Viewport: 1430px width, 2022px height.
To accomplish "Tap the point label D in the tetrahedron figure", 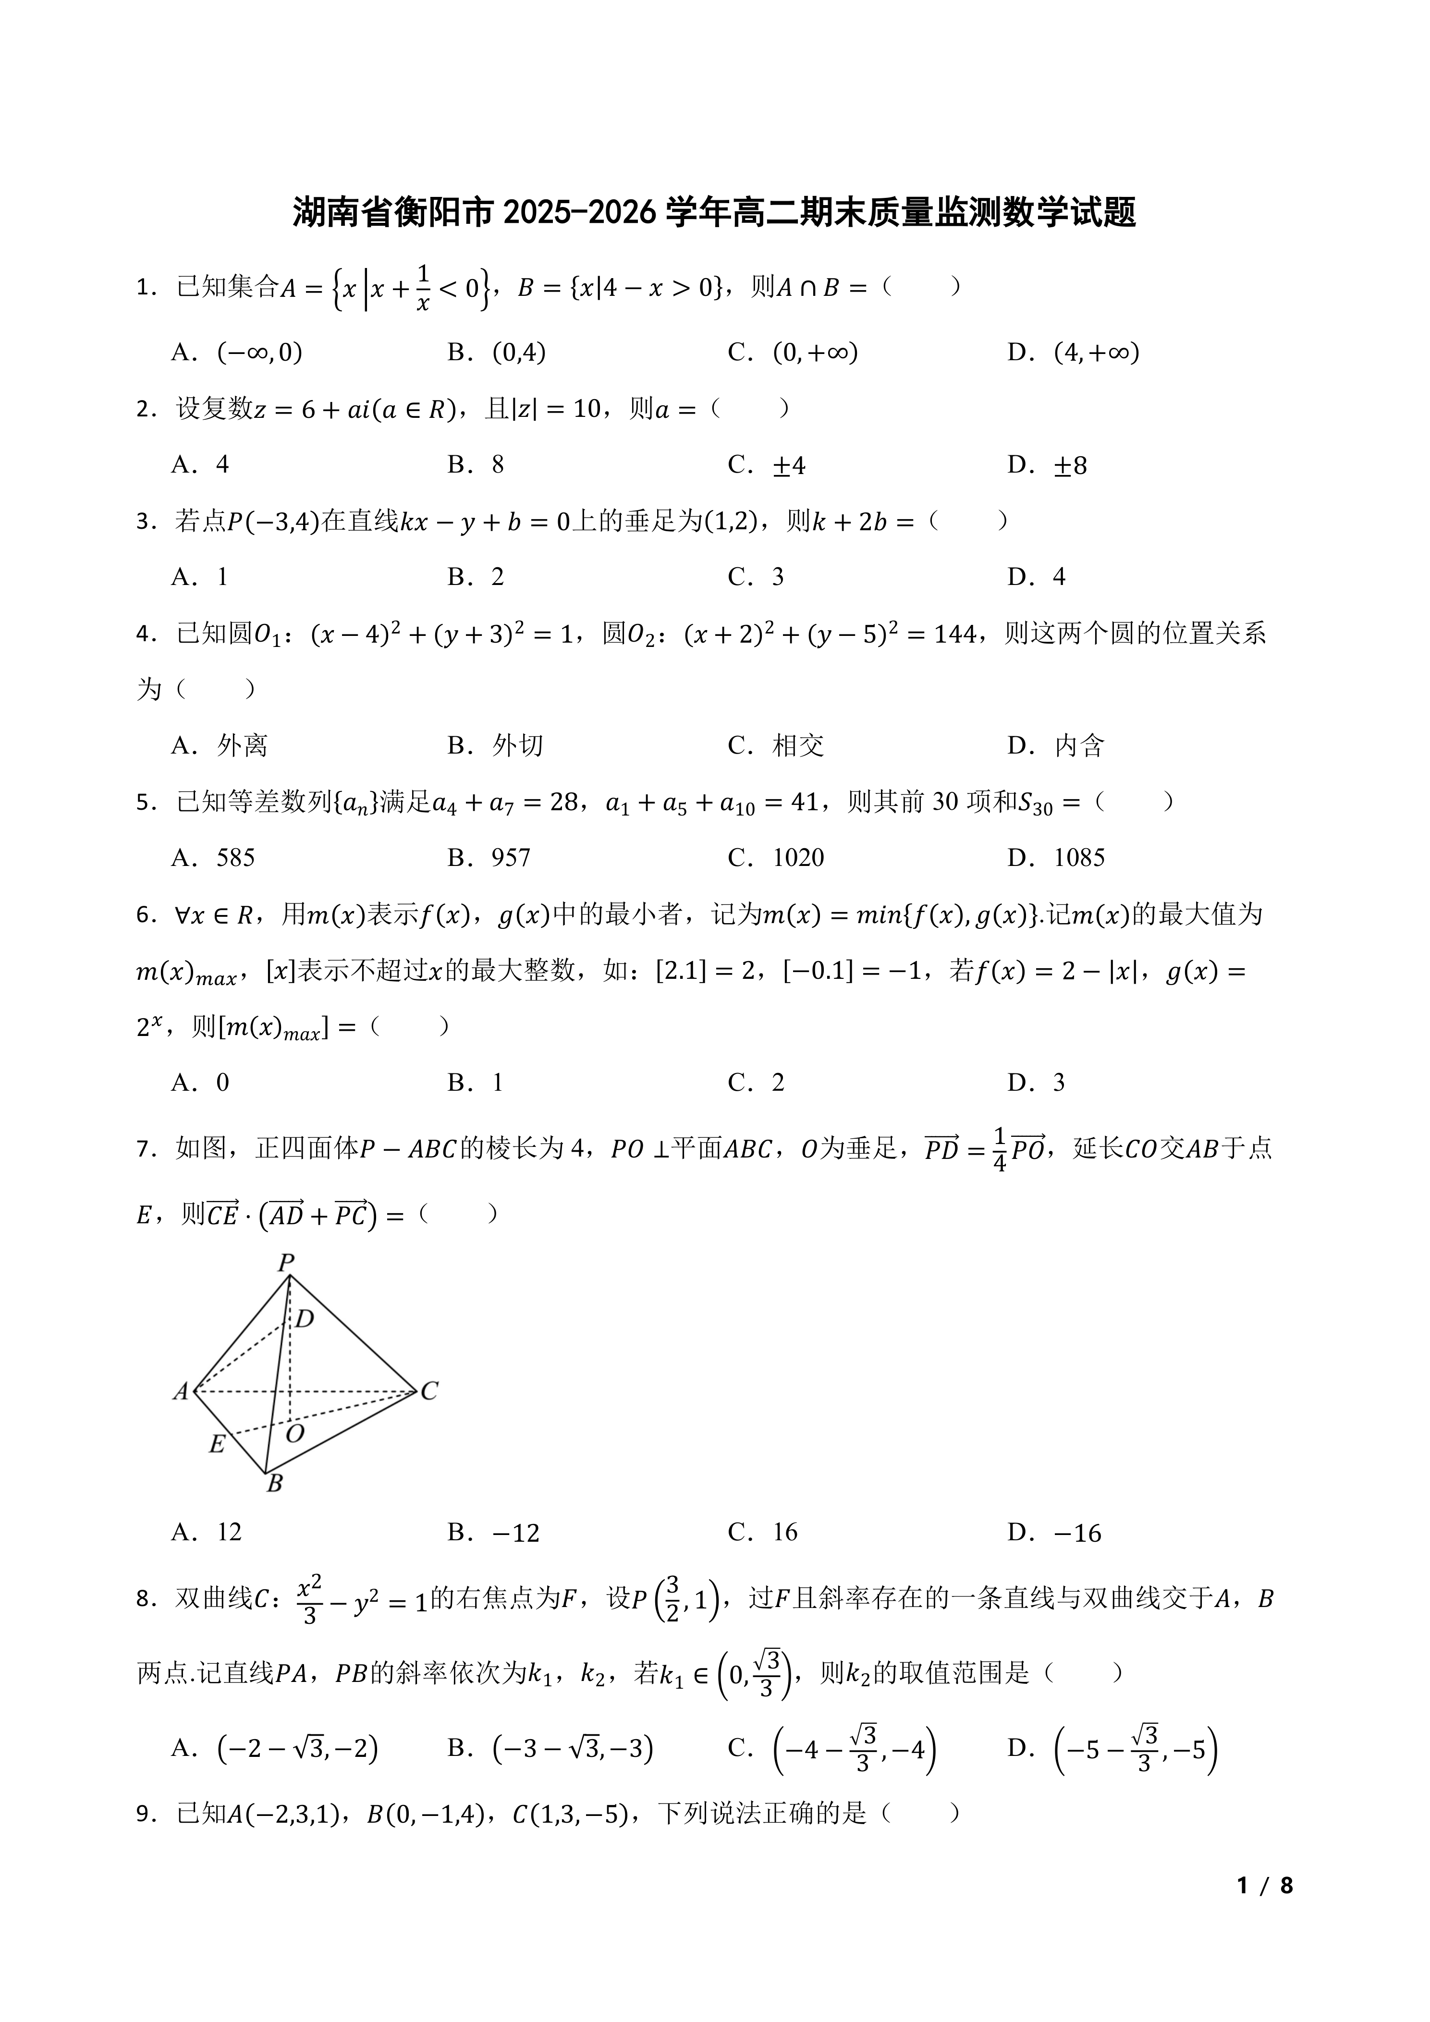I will pyautogui.click(x=305, y=1318).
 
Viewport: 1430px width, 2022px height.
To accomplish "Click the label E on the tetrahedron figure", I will pyautogui.click(x=217, y=1444).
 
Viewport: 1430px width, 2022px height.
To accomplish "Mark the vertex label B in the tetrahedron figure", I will pyautogui.click(x=275, y=1484).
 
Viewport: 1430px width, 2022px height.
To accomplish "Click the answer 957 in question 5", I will pyautogui.click(x=511, y=858).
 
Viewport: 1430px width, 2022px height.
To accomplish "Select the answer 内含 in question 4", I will pyautogui.click(x=1079, y=746).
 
